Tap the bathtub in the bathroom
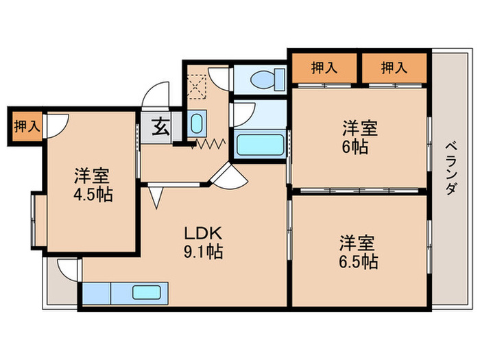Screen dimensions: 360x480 (259, 145)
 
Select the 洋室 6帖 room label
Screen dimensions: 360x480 (360, 137)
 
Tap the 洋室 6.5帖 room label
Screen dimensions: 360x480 (358, 251)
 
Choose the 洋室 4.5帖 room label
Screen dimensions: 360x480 (93, 184)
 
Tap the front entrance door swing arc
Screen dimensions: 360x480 (157, 94)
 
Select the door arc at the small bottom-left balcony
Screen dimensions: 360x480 (67, 268)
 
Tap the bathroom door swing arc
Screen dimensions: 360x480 (243, 112)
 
